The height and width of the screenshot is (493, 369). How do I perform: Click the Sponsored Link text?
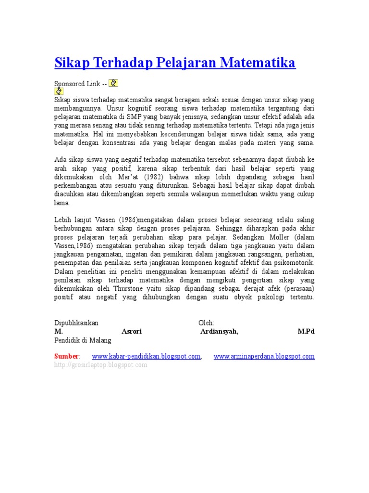(77, 84)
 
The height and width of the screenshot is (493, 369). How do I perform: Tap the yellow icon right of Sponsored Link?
(113, 83)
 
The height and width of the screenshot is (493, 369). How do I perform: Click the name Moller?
(280, 238)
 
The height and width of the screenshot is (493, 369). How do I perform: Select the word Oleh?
(207, 323)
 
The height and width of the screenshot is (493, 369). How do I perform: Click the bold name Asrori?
(132, 332)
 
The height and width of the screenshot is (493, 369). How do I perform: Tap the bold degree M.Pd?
(306, 332)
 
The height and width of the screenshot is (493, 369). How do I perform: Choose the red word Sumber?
(66, 356)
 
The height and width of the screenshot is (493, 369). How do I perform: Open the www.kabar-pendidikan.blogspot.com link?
(146, 356)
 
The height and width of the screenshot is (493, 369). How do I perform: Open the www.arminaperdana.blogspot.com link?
(264, 356)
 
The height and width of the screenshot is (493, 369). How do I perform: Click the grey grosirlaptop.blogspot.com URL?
(100, 365)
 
